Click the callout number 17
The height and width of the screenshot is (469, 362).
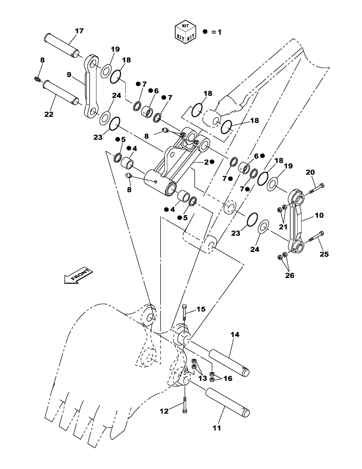tap(79, 31)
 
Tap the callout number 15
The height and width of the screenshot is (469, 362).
tap(200, 309)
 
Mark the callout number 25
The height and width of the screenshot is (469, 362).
tap(324, 254)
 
